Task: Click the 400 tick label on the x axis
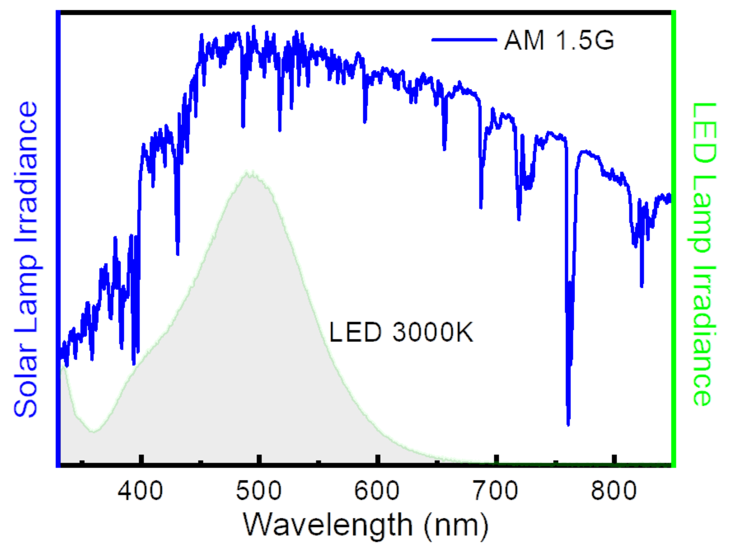point(140,491)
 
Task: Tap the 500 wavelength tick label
point(259,491)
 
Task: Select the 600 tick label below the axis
point(377,491)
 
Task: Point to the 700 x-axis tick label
point(495,491)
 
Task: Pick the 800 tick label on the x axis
point(614,491)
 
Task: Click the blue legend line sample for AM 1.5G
point(464,40)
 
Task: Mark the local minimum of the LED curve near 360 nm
point(93,432)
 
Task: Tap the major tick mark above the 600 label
point(378,459)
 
